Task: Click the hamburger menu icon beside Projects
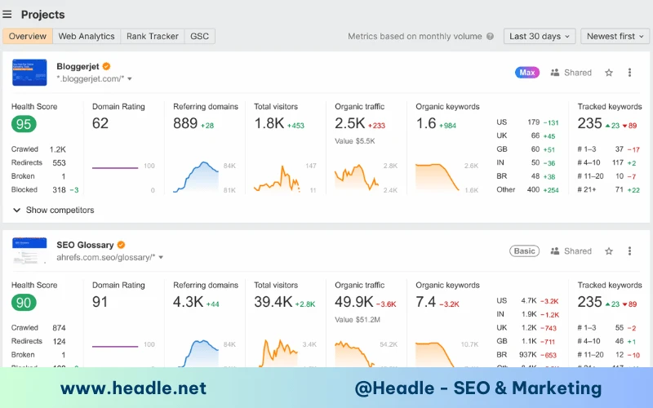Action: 7,15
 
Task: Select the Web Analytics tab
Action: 87,36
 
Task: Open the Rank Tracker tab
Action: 152,36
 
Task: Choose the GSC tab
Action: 199,36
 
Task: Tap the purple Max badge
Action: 527,73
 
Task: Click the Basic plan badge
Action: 524,251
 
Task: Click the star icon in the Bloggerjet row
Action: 609,73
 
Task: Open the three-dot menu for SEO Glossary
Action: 629,251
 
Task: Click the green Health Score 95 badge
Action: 24,124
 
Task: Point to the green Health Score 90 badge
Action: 24,303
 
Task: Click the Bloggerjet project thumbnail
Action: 29,73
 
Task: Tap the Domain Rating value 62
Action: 100,123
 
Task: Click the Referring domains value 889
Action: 185,123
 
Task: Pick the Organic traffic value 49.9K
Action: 353,302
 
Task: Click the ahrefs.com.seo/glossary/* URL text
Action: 105,257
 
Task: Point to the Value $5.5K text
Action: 354,141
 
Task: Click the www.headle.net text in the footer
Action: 133,388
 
